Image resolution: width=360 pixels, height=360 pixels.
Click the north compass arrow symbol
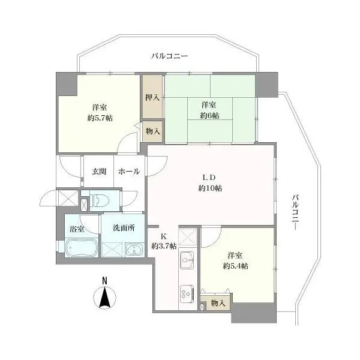[104, 298]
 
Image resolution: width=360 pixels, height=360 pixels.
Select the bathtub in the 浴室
[82, 247]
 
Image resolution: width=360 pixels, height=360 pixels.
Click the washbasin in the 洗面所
[134, 250]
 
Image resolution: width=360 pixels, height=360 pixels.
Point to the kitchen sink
[187, 260]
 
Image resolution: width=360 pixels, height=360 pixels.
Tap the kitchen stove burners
[187, 293]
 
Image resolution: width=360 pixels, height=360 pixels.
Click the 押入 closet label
[152, 97]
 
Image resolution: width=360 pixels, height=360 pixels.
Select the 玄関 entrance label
[99, 171]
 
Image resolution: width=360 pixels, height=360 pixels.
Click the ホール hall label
[129, 171]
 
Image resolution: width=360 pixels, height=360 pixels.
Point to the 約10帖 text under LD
[210, 188]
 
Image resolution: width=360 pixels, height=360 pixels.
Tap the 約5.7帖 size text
[100, 118]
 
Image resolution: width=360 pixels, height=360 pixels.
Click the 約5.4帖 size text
[235, 266]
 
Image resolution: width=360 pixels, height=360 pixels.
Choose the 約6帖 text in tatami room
[209, 115]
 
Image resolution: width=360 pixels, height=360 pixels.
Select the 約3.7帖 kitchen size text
[164, 246]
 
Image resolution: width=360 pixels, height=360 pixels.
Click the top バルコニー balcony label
[169, 56]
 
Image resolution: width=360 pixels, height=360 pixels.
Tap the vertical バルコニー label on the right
[296, 212]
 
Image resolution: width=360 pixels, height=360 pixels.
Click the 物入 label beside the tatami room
[152, 131]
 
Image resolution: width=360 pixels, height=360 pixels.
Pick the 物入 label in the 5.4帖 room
[218, 303]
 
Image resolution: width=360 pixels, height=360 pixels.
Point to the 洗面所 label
[124, 227]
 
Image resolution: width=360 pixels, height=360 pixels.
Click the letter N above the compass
[104, 281]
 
